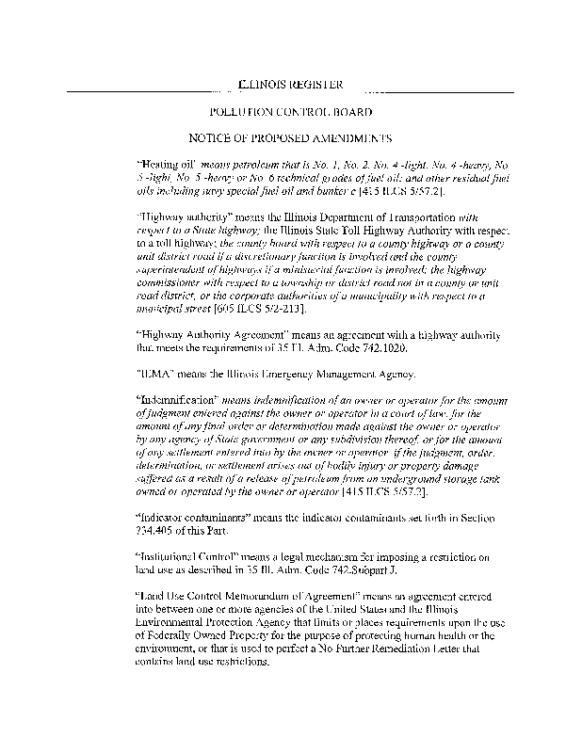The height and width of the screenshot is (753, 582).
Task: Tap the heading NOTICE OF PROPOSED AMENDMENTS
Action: (x=290, y=137)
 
